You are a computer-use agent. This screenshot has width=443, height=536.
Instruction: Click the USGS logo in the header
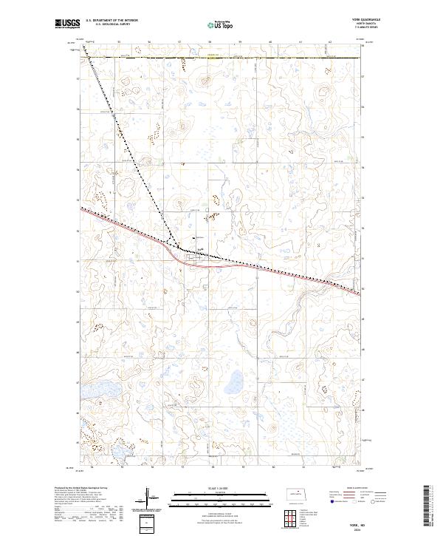67,24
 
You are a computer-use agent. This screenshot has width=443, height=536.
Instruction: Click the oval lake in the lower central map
236,383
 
